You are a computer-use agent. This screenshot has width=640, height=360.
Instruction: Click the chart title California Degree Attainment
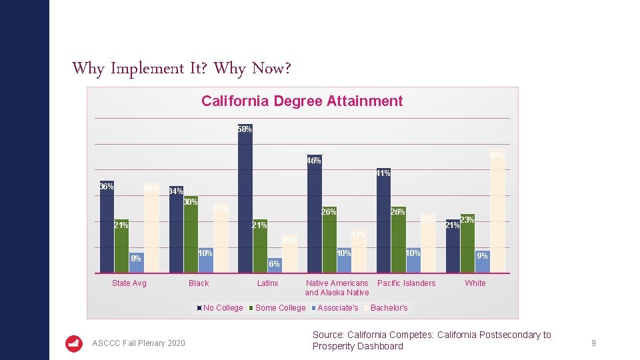302,101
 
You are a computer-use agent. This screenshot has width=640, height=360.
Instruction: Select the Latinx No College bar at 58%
245,200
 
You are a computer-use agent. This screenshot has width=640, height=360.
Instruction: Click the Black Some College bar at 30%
191,235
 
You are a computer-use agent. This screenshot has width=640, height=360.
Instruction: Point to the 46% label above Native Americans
314,161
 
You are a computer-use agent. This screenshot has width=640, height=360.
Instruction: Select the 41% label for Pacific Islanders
383,174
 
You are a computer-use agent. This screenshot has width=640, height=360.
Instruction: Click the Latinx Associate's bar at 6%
274,265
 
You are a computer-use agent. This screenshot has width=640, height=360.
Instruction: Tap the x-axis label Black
199,283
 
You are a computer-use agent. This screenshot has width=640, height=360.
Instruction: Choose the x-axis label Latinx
268,283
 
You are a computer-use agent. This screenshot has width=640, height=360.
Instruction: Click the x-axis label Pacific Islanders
406,283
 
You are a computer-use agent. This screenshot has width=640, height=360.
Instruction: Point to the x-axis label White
475,283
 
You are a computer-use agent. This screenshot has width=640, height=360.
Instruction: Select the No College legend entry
219,308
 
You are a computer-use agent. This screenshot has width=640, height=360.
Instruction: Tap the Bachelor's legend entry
388,308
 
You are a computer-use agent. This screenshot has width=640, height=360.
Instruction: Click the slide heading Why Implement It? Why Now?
181,69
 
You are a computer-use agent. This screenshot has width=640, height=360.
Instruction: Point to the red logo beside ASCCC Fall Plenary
74,343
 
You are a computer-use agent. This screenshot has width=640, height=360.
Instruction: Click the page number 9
593,343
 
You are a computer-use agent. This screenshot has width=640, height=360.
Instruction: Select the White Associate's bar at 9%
482,261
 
